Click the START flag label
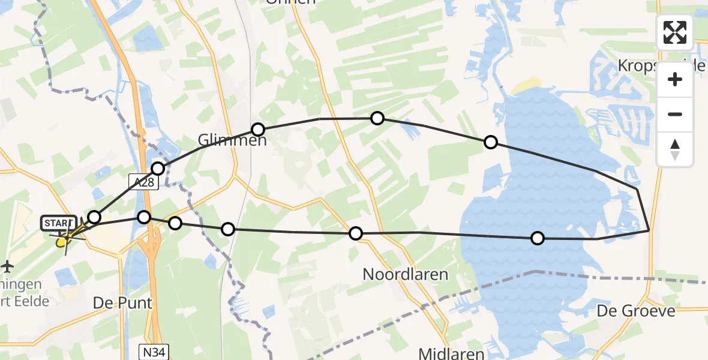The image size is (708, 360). [x=58, y=223]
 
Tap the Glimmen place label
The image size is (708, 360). [x=224, y=140]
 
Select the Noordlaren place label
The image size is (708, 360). [x=405, y=275]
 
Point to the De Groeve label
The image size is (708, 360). [x=636, y=311]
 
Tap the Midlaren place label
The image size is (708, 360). [x=452, y=353]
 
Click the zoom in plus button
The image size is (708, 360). [x=675, y=79]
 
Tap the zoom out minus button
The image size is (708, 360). [x=675, y=114]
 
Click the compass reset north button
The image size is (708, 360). [x=675, y=149]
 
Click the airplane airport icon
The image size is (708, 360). [x=7, y=265]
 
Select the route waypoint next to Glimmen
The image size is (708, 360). [x=258, y=129]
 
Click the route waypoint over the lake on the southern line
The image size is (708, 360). [x=538, y=238]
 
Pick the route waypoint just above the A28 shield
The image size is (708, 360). [x=158, y=169]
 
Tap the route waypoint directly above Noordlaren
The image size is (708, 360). [x=356, y=233]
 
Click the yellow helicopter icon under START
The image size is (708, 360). [x=61, y=242]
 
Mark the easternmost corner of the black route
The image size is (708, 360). [x=650, y=230]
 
